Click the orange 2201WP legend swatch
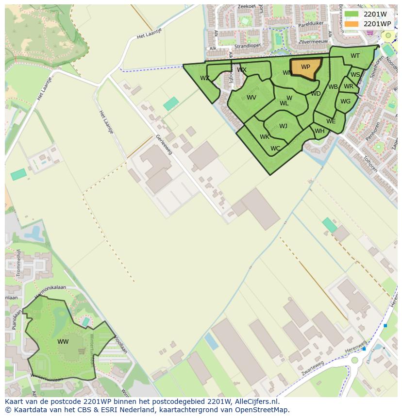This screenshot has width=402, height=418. tap(352, 24)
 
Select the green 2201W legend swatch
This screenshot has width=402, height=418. tap(352, 14)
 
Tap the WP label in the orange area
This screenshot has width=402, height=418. tap(305, 67)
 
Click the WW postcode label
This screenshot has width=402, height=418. tap(63, 342)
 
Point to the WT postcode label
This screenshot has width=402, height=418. tap(355, 56)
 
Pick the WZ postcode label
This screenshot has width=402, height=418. tap(205, 78)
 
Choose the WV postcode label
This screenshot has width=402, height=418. tap(251, 98)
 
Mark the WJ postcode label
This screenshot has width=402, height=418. tap(283, 126)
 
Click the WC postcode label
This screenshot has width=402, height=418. tap(275, 149)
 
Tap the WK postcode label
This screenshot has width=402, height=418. tap(264, 137)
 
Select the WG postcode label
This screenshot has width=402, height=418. tap(345, 101)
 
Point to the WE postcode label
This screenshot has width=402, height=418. tap(331, 121)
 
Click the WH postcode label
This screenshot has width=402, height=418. tap(319, 131)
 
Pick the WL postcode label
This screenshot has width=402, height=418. tap(284, 103)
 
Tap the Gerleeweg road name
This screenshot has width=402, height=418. tap(164, 144)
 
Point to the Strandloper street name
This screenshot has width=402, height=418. tap(248, 47)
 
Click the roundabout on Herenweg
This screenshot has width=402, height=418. tap(355, 360)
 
